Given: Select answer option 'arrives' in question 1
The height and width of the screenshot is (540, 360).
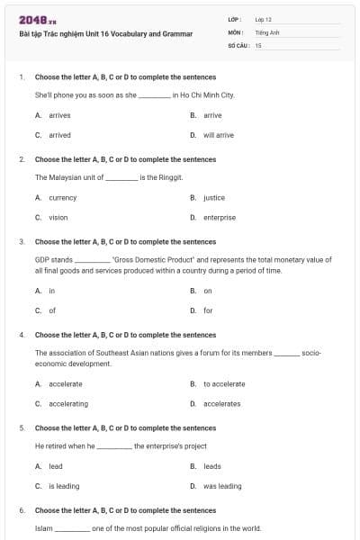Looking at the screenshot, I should pyautogui.click(x=53, y=116).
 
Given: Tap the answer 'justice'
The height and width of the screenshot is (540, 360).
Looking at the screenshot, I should pyautogui.click(x=213, y=198).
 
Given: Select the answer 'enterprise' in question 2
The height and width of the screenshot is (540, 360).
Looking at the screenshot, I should pyautogui.click(x=219, y=217).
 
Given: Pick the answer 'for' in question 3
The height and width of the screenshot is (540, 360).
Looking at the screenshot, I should pyautogui.click(x=207, y=310).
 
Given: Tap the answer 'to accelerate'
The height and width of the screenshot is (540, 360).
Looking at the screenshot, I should pyautogui.click(x=223, y=384).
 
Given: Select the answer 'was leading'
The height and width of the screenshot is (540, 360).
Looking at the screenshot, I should pyautogui.click(x=222, y=486).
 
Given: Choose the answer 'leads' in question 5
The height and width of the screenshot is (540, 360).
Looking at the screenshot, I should pyautogui.click(x=211, y=466).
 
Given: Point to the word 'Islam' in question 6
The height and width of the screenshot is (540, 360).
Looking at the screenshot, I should pyautogui.click(x=43, y=528).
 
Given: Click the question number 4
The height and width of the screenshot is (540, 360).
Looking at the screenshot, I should pyautogui.click(x=22, y=335).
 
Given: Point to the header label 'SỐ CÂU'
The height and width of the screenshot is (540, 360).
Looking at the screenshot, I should pyautogui.click(x=238, y=44).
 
